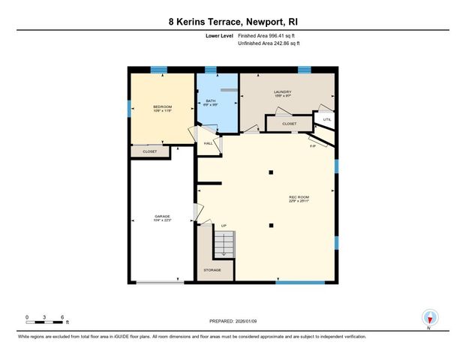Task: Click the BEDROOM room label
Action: click(162, 106)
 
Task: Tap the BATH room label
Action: click(210, 100)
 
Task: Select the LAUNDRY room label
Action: click(282, 92)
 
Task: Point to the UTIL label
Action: click(326, 119)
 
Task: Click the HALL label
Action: click(207, 142)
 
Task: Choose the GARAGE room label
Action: click(162, 215)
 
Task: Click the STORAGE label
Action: click(212, 269)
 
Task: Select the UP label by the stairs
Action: click(224, 226)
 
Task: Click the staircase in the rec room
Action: click(224, 244)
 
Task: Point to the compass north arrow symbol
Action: click(428, 318)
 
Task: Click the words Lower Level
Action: click(218, 34)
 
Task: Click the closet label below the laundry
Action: click(290, 124)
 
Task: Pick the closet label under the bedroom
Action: click(149, 151)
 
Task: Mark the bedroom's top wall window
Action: click(158, 70)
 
